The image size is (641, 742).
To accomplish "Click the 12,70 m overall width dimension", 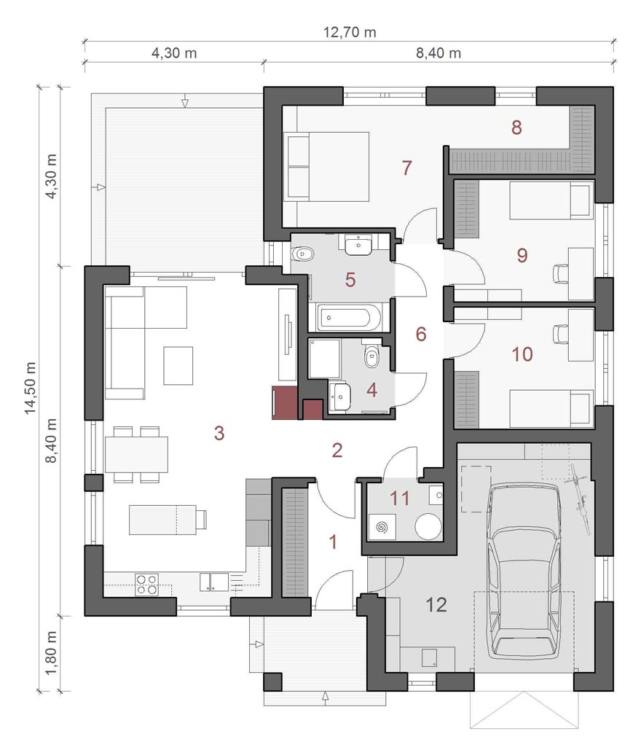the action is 350,32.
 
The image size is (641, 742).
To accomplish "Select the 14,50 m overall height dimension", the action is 31,388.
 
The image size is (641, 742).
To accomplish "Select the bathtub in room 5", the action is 349,317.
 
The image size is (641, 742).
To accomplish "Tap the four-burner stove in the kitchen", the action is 146,584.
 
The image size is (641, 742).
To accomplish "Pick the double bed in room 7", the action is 326,167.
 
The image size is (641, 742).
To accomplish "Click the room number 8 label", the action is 516,127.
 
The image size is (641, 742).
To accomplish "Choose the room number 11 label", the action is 400,498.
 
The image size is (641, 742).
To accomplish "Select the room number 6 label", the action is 420,334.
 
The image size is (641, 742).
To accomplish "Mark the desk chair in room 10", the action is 560,334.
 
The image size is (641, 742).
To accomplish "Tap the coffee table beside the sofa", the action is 178,365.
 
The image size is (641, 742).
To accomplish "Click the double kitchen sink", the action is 214,582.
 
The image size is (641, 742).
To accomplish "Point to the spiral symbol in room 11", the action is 381,527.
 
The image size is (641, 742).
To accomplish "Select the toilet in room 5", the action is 302,254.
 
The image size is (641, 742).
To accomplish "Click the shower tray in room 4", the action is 325,358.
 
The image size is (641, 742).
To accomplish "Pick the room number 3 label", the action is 219,432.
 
